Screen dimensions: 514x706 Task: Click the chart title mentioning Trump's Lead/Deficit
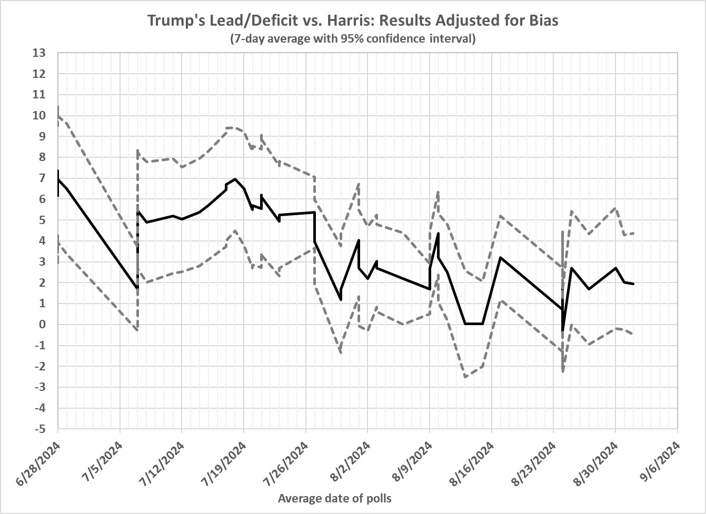[352, 21]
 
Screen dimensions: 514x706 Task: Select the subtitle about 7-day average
[352, 39]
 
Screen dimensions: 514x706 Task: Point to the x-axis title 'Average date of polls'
[334, 498]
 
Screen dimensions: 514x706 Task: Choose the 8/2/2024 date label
[353, 462]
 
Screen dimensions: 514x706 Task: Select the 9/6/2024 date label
[662, 462]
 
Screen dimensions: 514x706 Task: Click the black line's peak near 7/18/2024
[235, 179]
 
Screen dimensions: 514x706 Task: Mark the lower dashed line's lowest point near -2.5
[465, 377]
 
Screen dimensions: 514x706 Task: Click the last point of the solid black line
[633, 284]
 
